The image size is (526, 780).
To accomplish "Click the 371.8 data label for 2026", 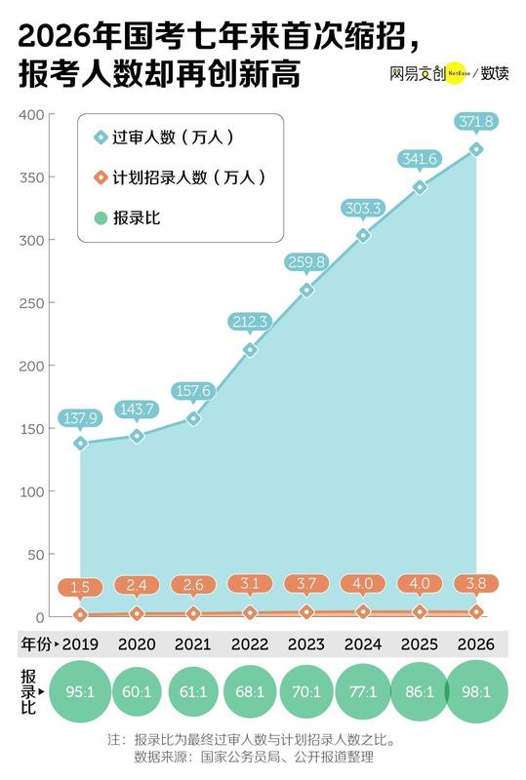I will [x=475, y=122].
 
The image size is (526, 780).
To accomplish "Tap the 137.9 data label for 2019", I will [x=80, y=418].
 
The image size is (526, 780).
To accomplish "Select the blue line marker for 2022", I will [x=250, y=349].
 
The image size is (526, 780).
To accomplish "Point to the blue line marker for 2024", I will [x=363, y=235].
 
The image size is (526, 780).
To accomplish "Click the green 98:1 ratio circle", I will [x=475, y=693].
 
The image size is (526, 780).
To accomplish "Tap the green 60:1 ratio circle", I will [x=137, y=693].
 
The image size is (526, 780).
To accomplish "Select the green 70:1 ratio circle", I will [x=306, y=693].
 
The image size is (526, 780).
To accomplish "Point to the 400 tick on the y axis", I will [x=32, y=115].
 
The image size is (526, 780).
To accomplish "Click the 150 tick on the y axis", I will [x=32, y=429].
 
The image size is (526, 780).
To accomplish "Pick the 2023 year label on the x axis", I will [x=306, y=645].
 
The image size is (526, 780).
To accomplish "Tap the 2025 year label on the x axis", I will [x=420, y=645].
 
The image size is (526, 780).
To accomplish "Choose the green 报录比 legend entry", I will [x=126, y=216].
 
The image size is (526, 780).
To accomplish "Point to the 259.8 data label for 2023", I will [x=306, y=262].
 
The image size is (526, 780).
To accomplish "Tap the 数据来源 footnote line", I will [x=253, y=757].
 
